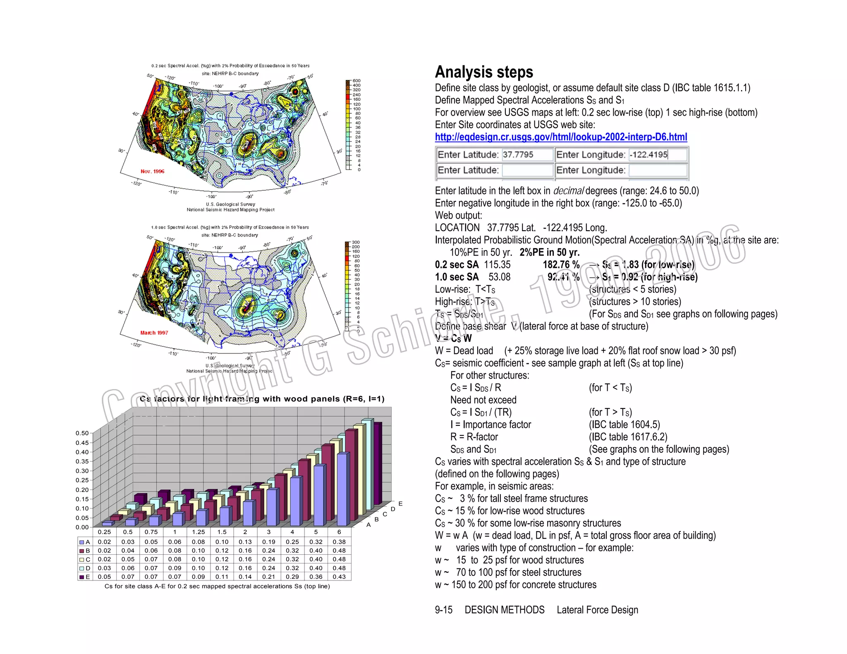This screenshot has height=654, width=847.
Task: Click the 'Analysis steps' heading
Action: tap(483, 72)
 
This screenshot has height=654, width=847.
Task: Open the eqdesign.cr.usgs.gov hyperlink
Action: tap(560, 137)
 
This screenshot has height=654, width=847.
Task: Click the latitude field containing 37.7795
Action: tap(527, 155)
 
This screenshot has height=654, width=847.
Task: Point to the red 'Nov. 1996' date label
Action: tap(152, 171)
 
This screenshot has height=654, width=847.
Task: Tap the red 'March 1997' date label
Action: tap(154, 333)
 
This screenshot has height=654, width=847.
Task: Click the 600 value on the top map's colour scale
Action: tap(357, 81)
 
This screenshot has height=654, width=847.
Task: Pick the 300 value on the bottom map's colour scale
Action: tap(356, 242)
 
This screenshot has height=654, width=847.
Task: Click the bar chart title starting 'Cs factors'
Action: tap(262, 399)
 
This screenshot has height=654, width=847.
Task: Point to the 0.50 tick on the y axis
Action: tap(82, 433)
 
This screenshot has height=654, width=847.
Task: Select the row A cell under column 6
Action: tap(339, 542)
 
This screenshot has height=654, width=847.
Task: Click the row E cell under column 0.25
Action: tap(104, 577)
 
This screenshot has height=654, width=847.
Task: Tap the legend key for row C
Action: tap(82, 559)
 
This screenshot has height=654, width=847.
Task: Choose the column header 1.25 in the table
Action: tap(198, 532)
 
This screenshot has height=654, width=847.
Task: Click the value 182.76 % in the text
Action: tap(561, 265)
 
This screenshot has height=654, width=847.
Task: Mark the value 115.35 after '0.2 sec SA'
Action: tap(497, 265)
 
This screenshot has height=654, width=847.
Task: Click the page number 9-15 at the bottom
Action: tap(443, 610)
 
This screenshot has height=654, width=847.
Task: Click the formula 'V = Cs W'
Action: tap(453, 339)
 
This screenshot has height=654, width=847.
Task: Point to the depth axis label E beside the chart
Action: tap(400, 504)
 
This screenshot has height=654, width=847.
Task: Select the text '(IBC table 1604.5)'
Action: tap(624, 425)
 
